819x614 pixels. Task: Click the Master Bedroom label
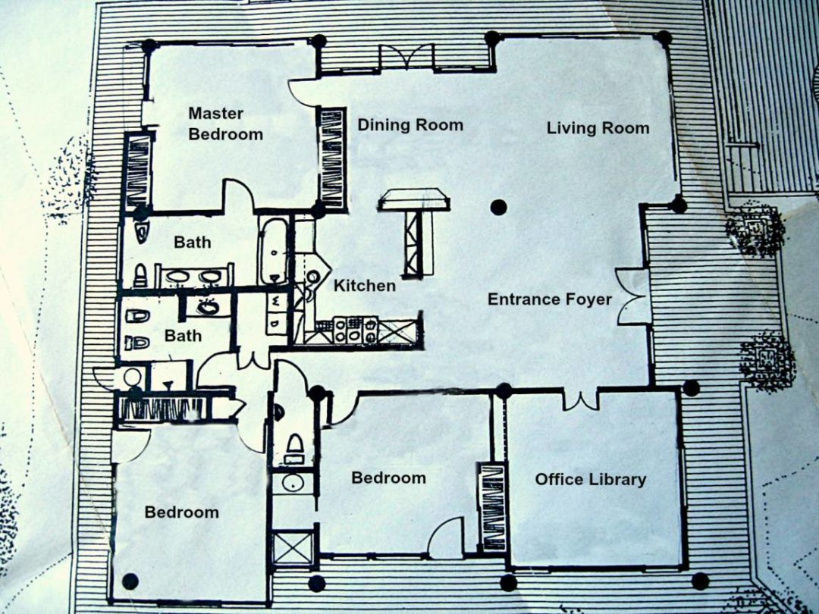(x=225, y=124)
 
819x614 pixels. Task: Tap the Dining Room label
(x=410, y=125)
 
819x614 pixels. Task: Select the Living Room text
(x=598, y=128)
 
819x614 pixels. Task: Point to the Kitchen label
(x=365, y=286)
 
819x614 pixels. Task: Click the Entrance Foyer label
(x=550, y=299)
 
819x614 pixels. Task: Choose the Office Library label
(x=591, y=479)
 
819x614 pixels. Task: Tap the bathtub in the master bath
(x=273, y=251)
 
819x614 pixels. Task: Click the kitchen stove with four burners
(x=355, y=330)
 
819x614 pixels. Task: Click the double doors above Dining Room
(x=407, y=56)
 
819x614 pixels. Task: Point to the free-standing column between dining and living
(x=499, y=208)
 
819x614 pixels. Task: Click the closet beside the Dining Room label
(x=333, y=158)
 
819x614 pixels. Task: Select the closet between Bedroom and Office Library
(x=493, y=506)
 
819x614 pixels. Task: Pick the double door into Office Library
(x=580, y=400)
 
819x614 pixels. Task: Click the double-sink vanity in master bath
(x=194, y=276)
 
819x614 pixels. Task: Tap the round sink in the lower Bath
(x=208, y=306)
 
